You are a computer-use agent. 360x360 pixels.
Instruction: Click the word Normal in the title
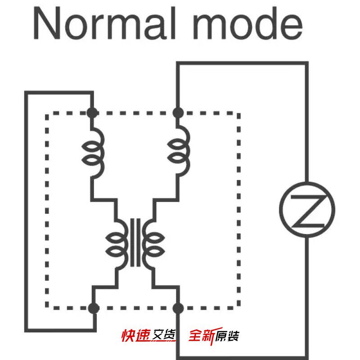[105, 23]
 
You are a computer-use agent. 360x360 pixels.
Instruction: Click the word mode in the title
[247, 23]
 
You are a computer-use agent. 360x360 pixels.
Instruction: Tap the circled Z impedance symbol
[307, 210]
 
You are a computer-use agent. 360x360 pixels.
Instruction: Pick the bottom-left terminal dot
[94, 308]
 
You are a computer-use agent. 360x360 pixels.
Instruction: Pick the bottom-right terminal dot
[178, 308]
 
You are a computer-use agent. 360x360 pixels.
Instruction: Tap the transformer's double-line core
[135, 243]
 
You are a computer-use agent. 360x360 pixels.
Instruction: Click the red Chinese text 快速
[136, 336]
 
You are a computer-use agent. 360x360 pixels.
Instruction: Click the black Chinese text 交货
[164, 336]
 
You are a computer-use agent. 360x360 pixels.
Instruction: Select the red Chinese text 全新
[202, 336]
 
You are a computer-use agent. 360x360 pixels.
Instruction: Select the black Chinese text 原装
[227, 336]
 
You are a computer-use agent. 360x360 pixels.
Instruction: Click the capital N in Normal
[47, 23]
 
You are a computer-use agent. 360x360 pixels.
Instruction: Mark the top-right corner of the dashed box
[239, 113]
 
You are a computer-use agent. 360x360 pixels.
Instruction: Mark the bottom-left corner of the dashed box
[47, 308]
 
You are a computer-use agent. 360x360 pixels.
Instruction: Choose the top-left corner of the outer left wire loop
[26, 93]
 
